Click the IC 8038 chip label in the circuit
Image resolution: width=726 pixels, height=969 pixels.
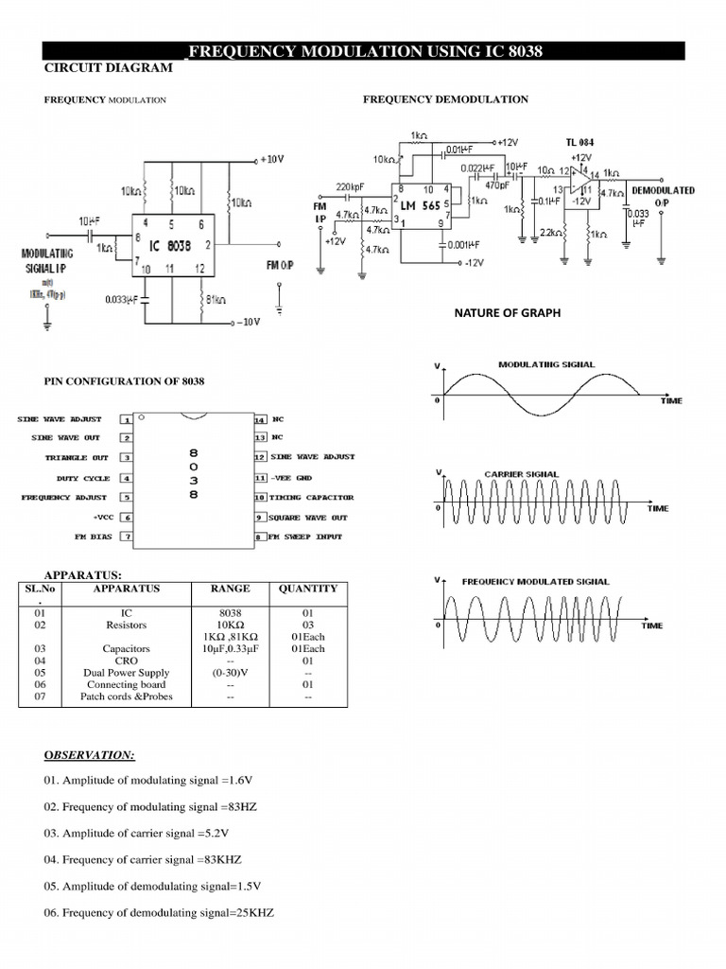(x=180, y=244)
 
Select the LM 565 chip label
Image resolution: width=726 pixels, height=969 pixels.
(x=419, y=204)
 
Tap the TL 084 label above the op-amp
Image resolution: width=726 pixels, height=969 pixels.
(x=581, y=143)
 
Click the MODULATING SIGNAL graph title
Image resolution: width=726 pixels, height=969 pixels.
(x=546, y=364)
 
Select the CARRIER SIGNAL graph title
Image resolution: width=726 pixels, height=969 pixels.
(x=521, y=473)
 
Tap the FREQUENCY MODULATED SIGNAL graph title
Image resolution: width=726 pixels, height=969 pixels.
(x=535, y=581)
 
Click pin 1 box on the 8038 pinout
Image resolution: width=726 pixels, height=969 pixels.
(x=125, y=418)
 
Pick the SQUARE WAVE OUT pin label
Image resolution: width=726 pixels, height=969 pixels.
(x=309, y=518)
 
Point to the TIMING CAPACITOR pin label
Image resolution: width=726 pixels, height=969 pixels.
(x=312, y=497)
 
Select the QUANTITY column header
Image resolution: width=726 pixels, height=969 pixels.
(x=307, y=588)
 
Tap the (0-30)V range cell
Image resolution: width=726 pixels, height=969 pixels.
(x=231, y=673)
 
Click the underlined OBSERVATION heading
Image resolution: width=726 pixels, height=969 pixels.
(x=90, y=755)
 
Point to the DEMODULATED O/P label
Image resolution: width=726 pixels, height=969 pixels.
(x=663, y=197)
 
